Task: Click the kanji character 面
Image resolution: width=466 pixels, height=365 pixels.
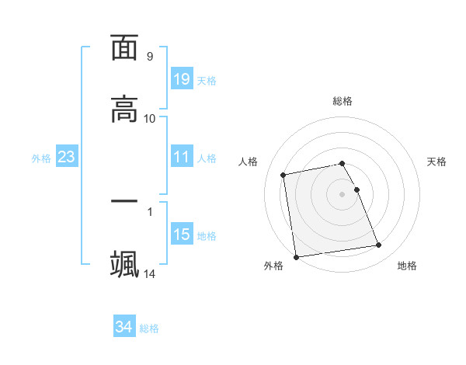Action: point(124,48)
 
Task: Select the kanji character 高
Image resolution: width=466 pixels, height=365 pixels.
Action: point(124,109)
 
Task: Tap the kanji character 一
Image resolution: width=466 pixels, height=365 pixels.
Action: point(124,202)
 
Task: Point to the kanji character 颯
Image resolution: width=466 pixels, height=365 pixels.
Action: point(124,263)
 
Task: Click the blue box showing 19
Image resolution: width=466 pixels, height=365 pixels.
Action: point(181,79)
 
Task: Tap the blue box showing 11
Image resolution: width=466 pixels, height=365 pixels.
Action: point(181,157)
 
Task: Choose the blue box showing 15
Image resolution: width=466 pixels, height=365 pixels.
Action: point(181,235)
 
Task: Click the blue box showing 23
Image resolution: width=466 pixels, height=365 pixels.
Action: point(66,157)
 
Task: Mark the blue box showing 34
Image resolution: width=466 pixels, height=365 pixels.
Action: point(123,327)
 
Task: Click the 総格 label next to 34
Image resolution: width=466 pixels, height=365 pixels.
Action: point(149,328)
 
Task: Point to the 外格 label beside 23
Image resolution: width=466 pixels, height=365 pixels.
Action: point(41,158)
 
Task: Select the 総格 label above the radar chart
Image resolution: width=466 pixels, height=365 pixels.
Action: point(342,101)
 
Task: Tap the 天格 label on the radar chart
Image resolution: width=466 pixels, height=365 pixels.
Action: point(436,162)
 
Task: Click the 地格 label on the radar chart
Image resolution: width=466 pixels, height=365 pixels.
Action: point(407,266)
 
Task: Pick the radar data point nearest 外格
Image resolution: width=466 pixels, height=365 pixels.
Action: point(296,257)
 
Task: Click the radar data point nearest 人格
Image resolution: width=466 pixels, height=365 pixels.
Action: point(283,175)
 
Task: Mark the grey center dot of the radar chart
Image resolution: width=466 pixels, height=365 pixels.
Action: point(342,193)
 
